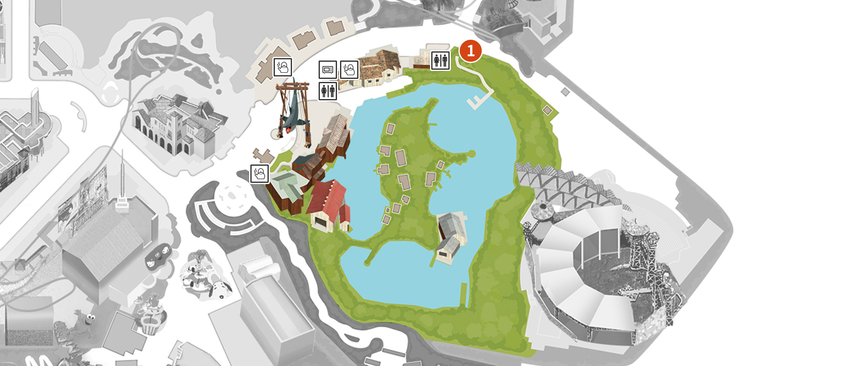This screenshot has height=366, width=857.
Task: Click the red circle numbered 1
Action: point(470,51)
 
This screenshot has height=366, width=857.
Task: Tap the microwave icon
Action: point(328,70)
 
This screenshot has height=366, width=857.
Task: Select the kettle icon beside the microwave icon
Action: point(349,70)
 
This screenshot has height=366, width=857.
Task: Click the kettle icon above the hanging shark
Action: point(283,67)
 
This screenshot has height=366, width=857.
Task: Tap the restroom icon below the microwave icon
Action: point(328,91)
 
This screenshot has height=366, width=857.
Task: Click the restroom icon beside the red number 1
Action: point(440,61)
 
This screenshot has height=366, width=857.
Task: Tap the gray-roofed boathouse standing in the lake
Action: point(451,236)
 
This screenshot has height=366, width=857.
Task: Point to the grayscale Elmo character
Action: point(85,324)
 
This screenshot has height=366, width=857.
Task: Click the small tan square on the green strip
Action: point(547,110)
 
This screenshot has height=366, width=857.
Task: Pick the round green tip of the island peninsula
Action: point(472,153)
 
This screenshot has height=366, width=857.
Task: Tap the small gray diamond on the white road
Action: point(565,92)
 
